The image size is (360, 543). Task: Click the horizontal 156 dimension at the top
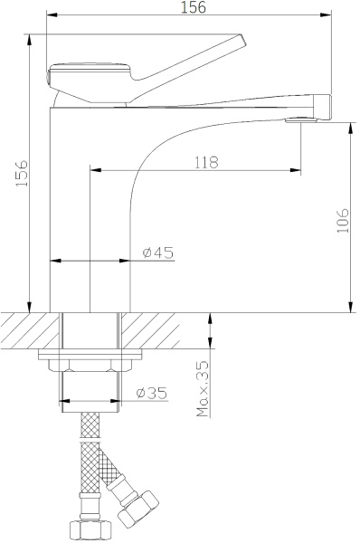tap(194, 7)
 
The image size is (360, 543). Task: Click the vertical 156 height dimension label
tap(22, 173)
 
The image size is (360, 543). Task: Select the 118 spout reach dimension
tap(206, 162)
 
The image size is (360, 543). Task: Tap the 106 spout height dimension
tap(343, 220)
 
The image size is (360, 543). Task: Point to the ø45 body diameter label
tap(158, 252)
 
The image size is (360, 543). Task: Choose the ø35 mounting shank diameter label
tap(152, 393)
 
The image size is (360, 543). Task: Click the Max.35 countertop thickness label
tap(204, 388)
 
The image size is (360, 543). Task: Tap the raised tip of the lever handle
tap(242, 39)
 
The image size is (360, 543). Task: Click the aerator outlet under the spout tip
tap(300, 120)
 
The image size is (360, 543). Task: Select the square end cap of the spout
tap(323, 108)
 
